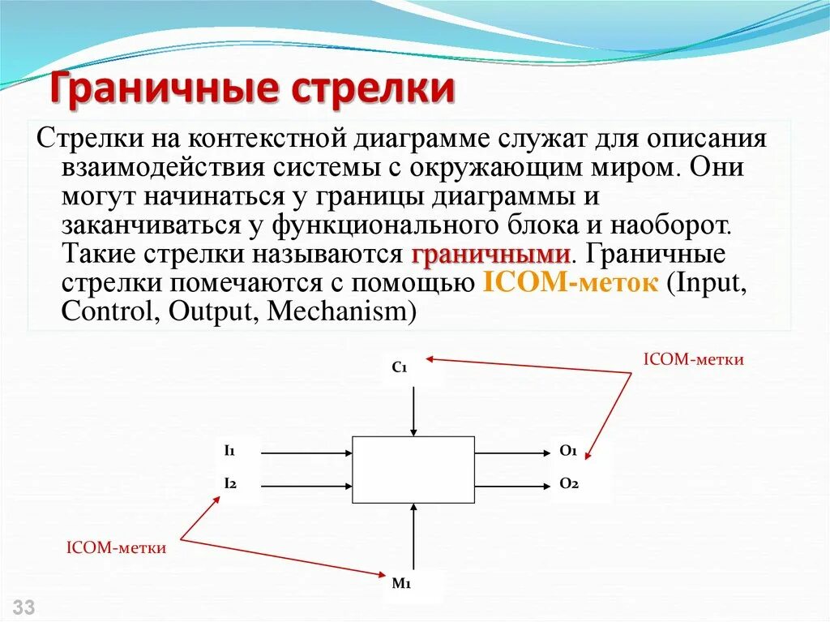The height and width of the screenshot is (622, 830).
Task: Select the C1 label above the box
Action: [399, 367]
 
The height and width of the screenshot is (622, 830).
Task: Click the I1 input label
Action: [229, 450]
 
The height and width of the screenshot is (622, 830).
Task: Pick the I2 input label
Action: [229, 484]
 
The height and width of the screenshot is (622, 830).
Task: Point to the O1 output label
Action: [567, 450]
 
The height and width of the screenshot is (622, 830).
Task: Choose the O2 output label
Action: [567, 484]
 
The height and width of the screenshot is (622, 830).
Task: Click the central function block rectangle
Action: [413, 470]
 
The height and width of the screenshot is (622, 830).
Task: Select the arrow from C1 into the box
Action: [413, 411]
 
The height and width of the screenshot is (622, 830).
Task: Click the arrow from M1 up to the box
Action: [413, 535]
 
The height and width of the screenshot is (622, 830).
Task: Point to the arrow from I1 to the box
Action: [308, 452]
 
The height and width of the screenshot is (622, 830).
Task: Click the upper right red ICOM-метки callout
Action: [693, 358]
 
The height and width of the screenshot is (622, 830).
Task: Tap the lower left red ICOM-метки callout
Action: [116, 548]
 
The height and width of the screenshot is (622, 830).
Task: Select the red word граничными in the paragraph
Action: [490, 254]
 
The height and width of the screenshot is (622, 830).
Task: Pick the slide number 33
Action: [24, 607]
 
